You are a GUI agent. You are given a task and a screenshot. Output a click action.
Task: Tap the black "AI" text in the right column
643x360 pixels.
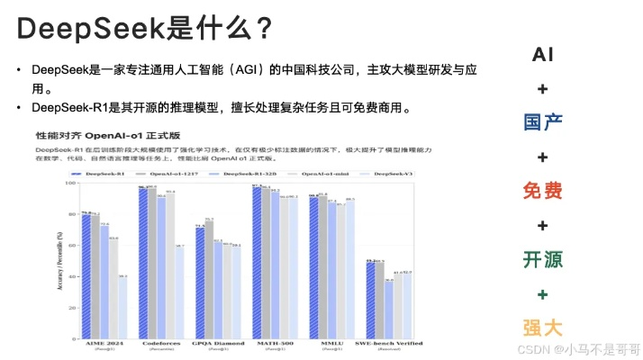pos(542,54)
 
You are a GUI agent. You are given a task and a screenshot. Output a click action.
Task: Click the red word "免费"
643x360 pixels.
pos(542,191)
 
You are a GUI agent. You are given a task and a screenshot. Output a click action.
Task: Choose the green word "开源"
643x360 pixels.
pos(542,259)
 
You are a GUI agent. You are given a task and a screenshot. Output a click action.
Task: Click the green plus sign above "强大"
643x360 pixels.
pos(542,294)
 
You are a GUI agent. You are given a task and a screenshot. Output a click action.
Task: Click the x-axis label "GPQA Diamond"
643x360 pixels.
pos(218,344)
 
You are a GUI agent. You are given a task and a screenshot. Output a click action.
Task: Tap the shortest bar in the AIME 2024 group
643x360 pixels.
pos(122,307)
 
